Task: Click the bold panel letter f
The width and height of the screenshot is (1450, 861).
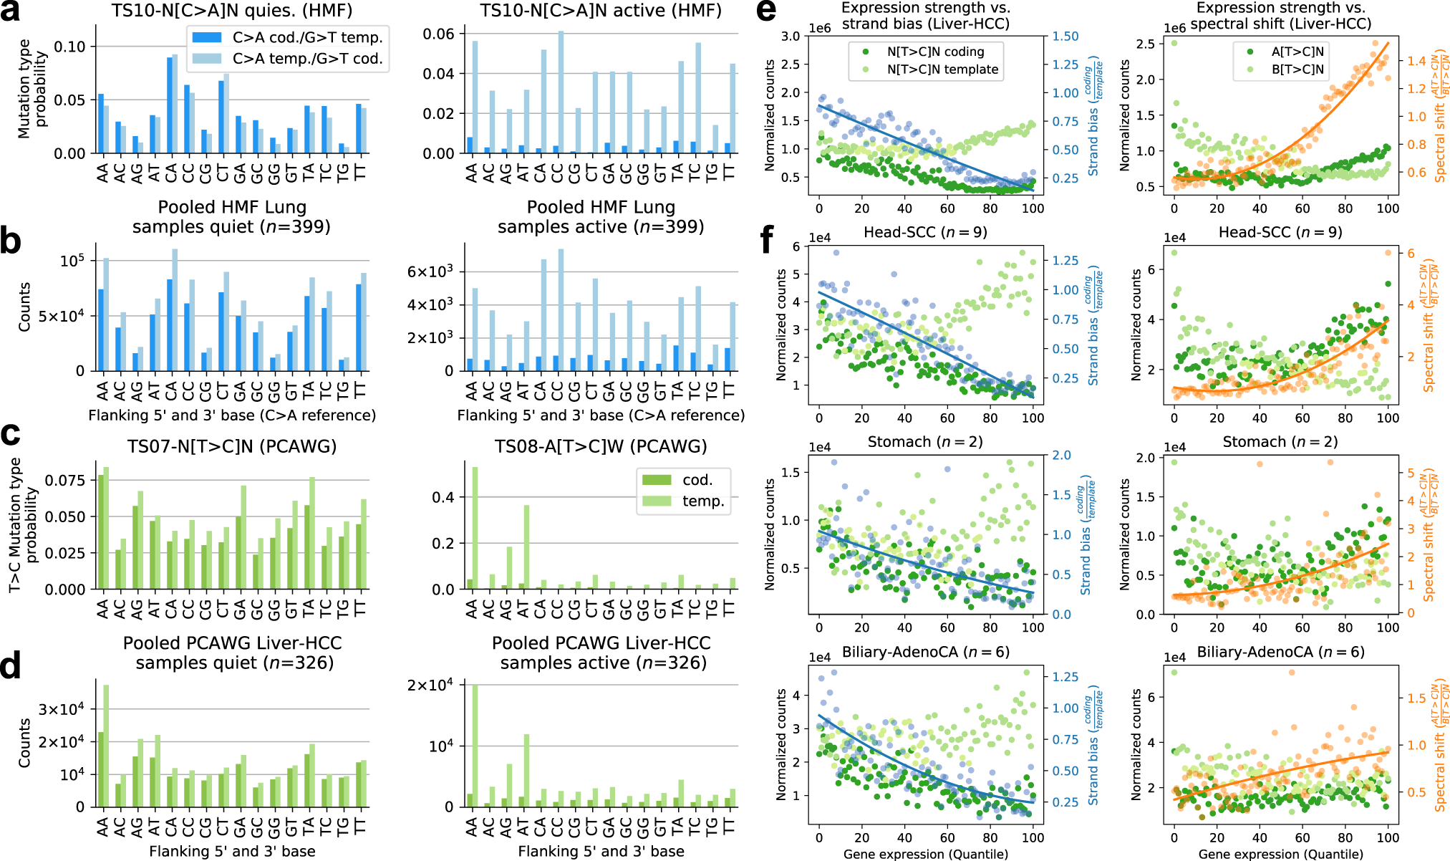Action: pyautogui.click(x=768, y=240)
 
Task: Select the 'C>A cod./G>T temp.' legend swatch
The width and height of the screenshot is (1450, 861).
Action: pyautogui.click(x=207, y=37)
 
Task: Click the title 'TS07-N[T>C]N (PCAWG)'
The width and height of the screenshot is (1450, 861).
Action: pyautogui.click(x=232, y=447)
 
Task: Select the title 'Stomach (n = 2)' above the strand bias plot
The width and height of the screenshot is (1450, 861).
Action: pyautogui.click(x=925, y=442)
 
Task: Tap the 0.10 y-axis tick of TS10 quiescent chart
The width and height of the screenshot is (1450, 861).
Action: pyautogui.click(x=70, y=47)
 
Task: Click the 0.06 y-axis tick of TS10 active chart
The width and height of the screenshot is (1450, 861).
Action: pyautogui.click(x=438, y=34)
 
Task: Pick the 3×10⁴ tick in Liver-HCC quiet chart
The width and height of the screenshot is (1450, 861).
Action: pyautogui.click(x=62, y=709)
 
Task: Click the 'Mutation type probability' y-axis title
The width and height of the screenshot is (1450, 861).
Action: pyautogui.click(x=33, y=88)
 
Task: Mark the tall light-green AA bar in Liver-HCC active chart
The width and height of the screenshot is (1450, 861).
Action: pyautogui.click(x=475, y=746)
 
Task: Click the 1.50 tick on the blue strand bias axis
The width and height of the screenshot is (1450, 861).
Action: pyautogui.click(x=1065, y=37)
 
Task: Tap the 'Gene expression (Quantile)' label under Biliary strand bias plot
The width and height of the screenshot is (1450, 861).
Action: pyautogui.click(x=925, y=854)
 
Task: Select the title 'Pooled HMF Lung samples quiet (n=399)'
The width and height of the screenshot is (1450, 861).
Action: pyautogui.click(x=232, y=217)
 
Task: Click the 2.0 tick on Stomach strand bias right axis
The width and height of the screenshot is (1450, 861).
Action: pyautogui.click(x=1061, y=456)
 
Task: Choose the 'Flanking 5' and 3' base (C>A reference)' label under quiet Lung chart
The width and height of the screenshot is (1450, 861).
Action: pyautogui.click(x=232, y=415)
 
